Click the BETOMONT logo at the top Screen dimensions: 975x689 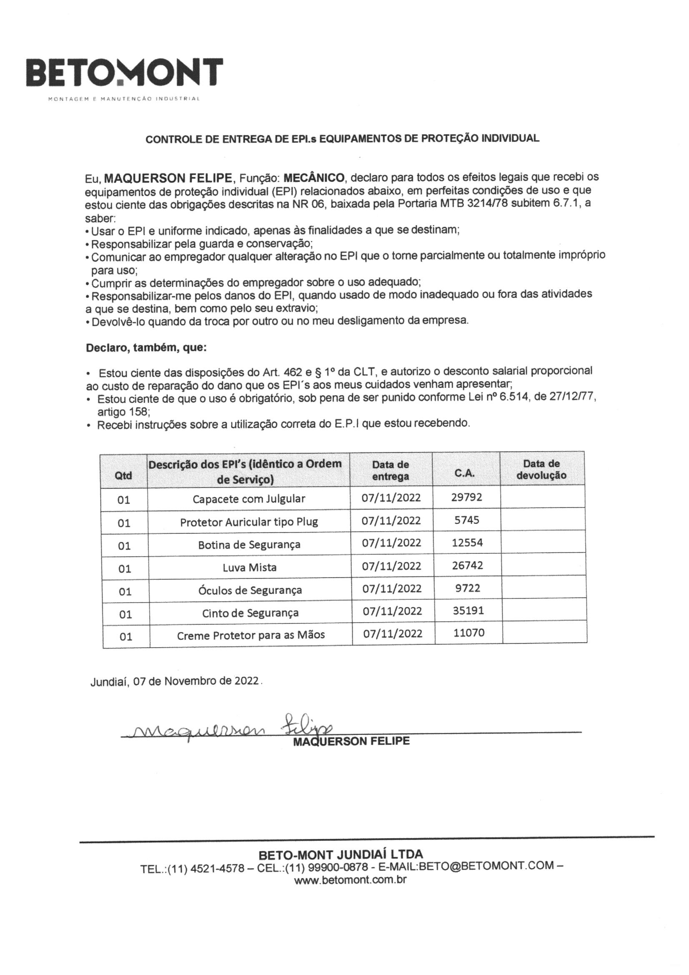(124, 73)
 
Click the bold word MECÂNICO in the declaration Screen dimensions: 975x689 (314, 177)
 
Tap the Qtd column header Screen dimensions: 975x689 (123, 475)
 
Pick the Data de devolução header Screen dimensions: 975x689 (541, 469)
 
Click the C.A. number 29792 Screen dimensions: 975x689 (466, 497)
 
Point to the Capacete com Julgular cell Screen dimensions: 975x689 (249, 498)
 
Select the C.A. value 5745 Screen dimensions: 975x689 (466, 520)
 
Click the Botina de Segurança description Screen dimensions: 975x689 (249, 544)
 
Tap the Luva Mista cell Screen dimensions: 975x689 (250, 567)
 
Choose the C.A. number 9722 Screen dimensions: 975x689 (467, 588)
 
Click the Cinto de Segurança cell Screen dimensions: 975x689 (250, 613)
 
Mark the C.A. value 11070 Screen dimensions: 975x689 (469, 633)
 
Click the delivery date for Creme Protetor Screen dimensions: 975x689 (393, 633)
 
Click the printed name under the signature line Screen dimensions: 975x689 (351, 741)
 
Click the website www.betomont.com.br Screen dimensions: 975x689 (350, 880)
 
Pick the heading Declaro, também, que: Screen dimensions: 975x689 (146, 348)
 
